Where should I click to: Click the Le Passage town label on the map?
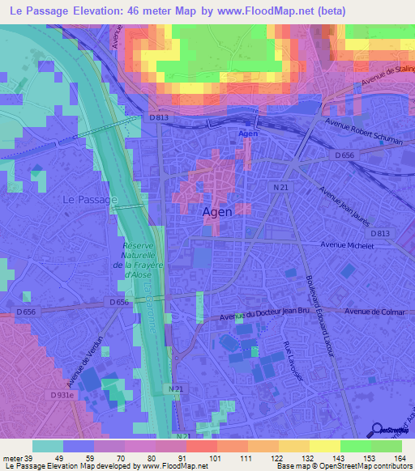pos(90,198)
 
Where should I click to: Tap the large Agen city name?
pos(216,212)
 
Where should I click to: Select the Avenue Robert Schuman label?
pos(363,130)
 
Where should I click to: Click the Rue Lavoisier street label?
pos(293,361)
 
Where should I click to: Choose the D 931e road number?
pos(58,396)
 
